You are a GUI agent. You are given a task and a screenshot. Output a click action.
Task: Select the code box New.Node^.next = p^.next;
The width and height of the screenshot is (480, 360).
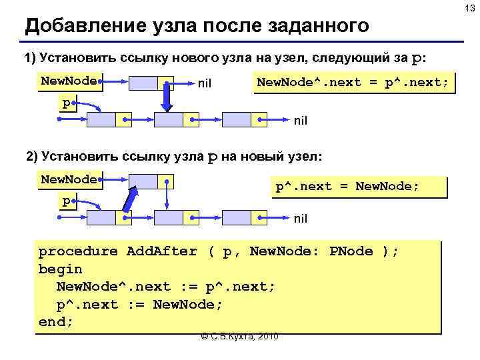click(x=354, y=83)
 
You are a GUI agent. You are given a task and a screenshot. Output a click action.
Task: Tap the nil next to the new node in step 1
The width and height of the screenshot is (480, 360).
click(x=205, y=84)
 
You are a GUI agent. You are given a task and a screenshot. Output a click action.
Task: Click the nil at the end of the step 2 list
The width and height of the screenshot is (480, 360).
click(x=301, y=217)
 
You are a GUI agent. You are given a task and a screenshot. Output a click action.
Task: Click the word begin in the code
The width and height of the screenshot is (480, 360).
click(x=60, y=269)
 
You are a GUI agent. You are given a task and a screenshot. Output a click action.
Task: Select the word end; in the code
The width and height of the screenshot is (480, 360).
click(x=56, y=321)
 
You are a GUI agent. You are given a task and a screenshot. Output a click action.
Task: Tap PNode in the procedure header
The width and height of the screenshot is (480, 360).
click(x=351, y=251)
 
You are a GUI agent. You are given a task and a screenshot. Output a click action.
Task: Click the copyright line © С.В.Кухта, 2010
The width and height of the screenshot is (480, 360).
click(x=239, y=335)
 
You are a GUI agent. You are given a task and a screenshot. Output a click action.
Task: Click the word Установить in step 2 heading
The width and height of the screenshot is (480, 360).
click(x=73, y=157)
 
